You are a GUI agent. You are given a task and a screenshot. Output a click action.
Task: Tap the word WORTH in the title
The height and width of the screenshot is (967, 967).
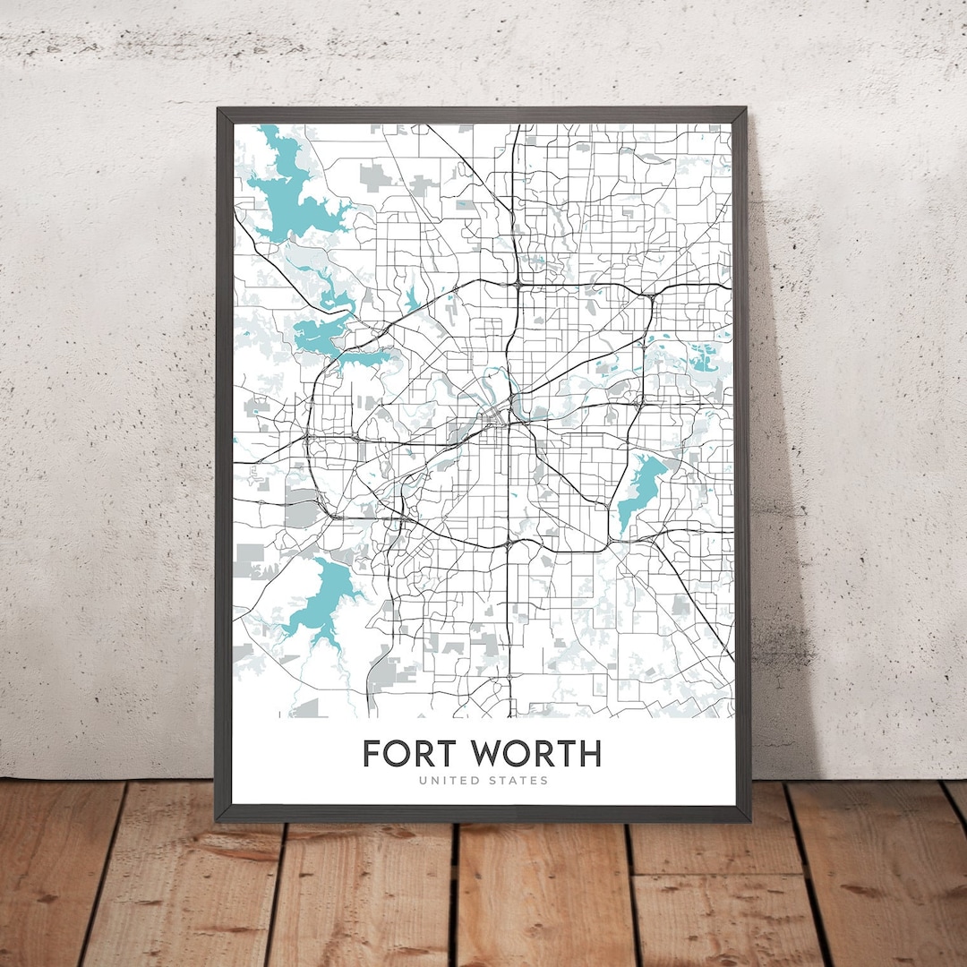click(x=536, y=753)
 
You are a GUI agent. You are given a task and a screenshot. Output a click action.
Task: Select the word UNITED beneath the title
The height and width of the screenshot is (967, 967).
click(x=449, y=781)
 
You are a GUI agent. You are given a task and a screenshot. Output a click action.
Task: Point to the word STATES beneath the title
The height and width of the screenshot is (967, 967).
click(x=518, y=781)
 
